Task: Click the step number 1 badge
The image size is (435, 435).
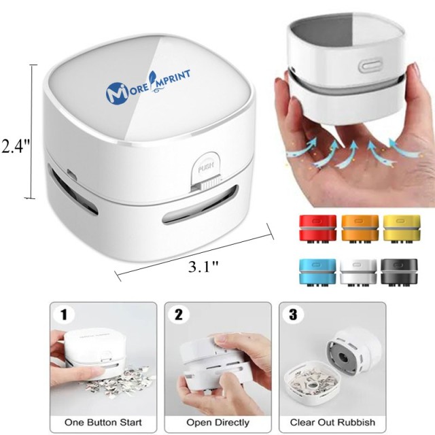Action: point(65,315)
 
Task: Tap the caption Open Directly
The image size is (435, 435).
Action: point(217,421)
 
